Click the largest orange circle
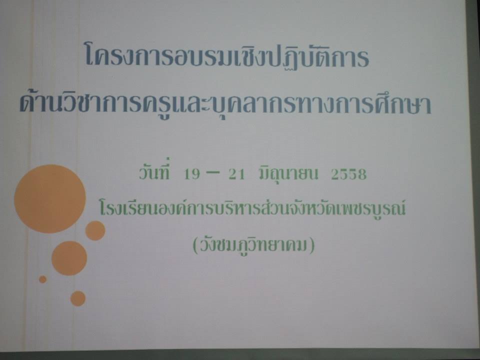click(x=50, y=199)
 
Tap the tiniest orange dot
click(x=43, y=279)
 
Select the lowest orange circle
click(x=78, y=298)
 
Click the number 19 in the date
click(x=192, y=174)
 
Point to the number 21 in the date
click(x=237, y=174)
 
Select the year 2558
click(x=348, y=174)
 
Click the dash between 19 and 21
click(x=213, y=172)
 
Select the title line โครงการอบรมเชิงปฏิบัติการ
click(x=227, y=55)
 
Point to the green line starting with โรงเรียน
click(x=252, y=208)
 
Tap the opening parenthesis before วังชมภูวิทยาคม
click(x=196, y=246)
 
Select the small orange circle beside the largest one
click(x=95, y=230)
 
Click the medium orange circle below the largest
click(x=69, y=258)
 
